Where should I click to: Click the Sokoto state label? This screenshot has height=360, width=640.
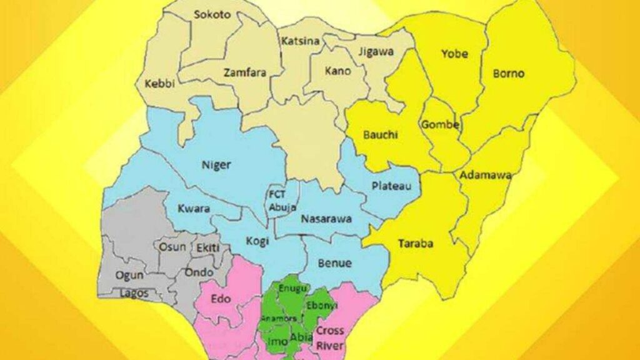point(212,14)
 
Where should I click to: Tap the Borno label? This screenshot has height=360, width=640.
point(509,73)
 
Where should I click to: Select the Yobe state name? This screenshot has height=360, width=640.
point(454,54)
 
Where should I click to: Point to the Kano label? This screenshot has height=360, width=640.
point(337,71)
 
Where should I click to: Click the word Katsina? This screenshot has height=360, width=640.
point(301,41)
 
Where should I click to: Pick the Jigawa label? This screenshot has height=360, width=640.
point(376,52)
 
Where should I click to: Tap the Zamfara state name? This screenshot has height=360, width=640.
point(245,72)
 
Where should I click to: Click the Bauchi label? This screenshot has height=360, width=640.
point(381,134)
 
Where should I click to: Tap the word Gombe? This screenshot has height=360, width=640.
point(441,124)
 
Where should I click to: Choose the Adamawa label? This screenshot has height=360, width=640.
point(486,175)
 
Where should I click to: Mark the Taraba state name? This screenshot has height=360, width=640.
point(416,244)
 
